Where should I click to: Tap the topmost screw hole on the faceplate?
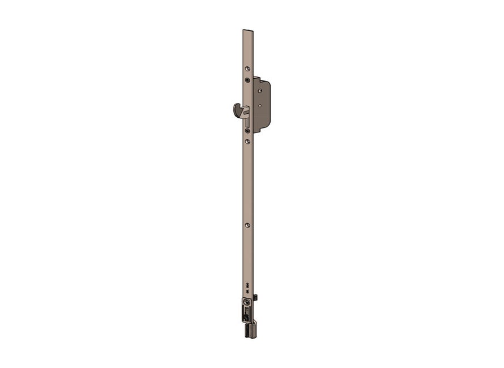tap(247, 70)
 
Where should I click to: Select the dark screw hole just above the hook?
tap(247, 80)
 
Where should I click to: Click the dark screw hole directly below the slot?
tap(247, 131)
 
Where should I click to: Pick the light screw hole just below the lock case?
tap(247, 141)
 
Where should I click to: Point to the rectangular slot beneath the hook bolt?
tap(247, 122)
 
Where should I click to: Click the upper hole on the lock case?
tap(260, 89)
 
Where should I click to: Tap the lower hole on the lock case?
tap(260, 105)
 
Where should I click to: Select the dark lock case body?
tap(263, 113)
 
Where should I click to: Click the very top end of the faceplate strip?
tap(248, 31)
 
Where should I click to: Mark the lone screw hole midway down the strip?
tap(247, 225)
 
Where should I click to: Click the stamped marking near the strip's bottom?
tap(247, 289)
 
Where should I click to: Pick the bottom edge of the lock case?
tap(260, 131)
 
